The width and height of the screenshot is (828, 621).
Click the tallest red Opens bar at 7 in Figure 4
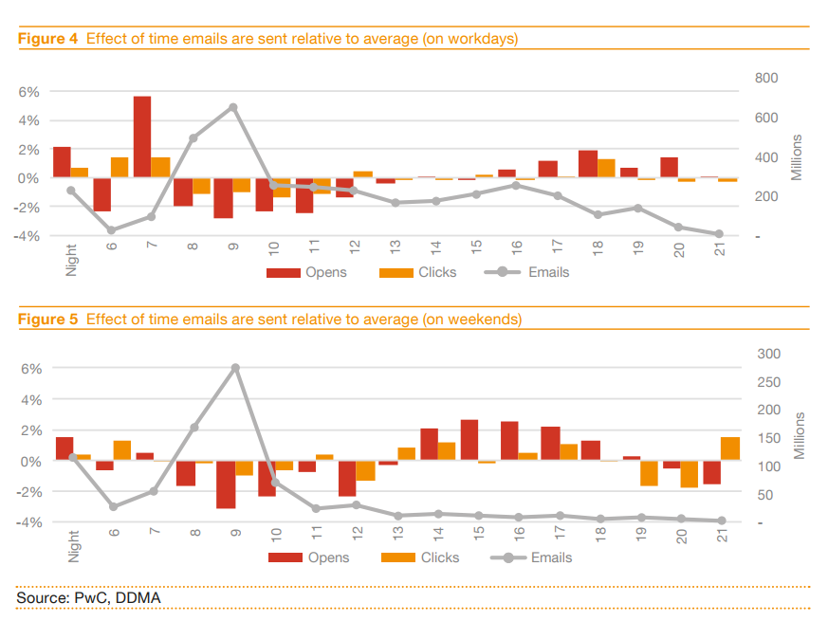142,137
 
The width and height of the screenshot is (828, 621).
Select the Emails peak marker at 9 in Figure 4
233,107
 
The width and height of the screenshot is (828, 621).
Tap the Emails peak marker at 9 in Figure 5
235,368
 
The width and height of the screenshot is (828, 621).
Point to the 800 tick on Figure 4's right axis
766,78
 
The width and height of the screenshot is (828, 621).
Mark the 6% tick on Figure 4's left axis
28,92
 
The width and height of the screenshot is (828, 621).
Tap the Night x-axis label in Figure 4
71,258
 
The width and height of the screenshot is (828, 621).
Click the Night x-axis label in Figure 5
73,545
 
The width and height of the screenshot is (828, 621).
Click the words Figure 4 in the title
47,39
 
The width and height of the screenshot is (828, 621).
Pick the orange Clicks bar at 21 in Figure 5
729,448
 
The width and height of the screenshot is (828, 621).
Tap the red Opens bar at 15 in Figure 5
469,440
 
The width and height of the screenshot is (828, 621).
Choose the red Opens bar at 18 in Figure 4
588,164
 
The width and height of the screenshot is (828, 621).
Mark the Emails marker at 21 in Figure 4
719,234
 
